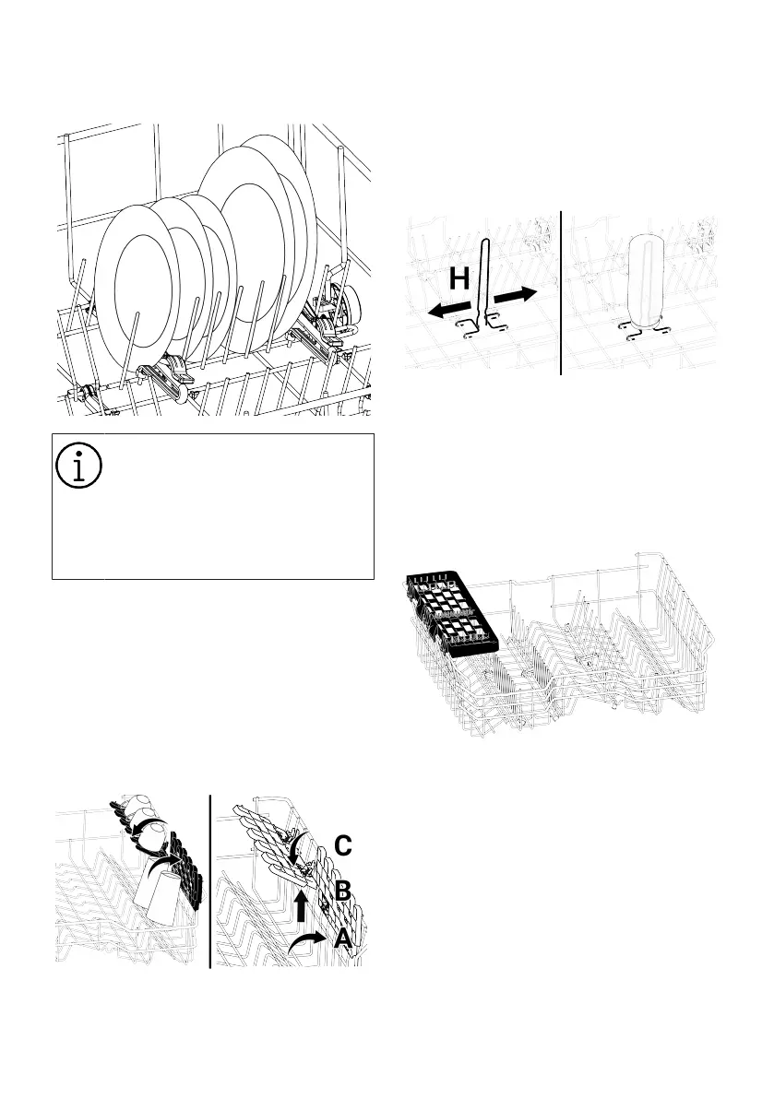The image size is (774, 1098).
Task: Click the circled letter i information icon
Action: (78, 465)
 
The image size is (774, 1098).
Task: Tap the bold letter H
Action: (458, 278)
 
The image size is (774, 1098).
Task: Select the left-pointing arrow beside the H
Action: (449, 310)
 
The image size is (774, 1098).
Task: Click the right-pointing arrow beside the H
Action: (517, 294)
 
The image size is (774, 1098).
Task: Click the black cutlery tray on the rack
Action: (451, 614)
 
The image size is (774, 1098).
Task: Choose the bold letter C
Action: (342, 846)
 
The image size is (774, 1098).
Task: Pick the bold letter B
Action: (342, 891)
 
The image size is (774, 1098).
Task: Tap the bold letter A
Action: (343, 938)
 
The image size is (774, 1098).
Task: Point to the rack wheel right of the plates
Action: (351, 308)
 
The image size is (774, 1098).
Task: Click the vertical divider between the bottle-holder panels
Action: (561, 292)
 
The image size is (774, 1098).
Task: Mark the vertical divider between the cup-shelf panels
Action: (211, 881)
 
